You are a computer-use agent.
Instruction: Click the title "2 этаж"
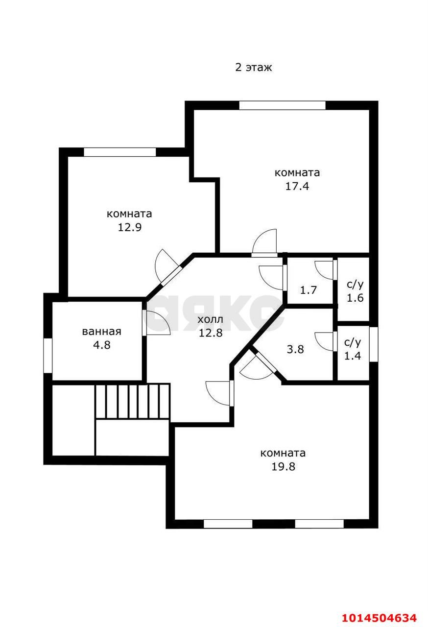[x=254, y=68]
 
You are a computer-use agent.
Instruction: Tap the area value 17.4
[x=297, y=186]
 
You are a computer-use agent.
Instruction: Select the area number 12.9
[x=129, y=227]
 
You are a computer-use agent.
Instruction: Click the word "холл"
[x=211, y=319]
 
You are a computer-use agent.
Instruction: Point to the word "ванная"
[x=101, y=332]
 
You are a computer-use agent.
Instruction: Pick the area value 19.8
[x=284, y=467]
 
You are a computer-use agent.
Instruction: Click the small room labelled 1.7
[x=309, y=290]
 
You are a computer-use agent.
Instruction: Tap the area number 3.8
[x=295, y=349]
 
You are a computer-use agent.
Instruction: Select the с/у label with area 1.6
[x=355, y=285]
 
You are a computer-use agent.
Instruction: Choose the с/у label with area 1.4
[x=353, y=342]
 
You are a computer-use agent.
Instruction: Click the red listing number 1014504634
[x=380, y=618]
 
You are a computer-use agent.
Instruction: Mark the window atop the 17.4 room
[x=283, y=105]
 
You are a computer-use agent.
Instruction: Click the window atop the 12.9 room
[x=119, y=152]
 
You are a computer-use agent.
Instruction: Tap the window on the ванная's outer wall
[x=48, y=356]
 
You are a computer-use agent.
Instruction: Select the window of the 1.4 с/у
[x=374, y=344]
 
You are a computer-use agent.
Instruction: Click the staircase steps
[x=132, y=401]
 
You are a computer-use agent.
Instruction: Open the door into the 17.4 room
[x=264, y=243]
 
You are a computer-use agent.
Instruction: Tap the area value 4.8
[x=102, y=345]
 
